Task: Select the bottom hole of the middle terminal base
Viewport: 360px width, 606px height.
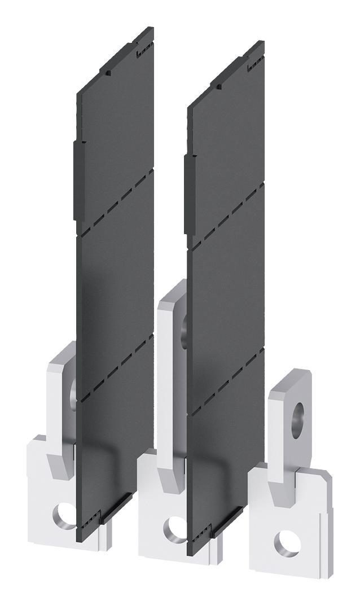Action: coord(173,528)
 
